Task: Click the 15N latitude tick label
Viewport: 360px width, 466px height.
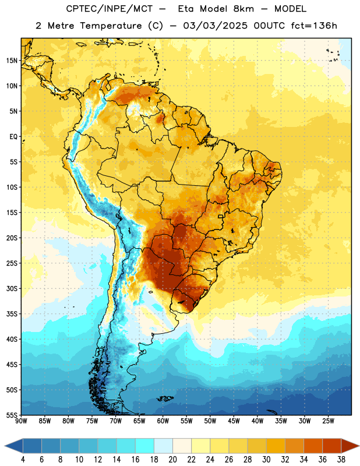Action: click(x=12, y=61)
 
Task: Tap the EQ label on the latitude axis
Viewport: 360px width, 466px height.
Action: click(x=13, y=137)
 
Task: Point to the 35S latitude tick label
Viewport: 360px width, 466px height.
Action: click(x=12, y=314)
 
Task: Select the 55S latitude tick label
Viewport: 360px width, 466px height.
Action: click(x=12, y=415)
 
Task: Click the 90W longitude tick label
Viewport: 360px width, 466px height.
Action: click(x=22, y=421)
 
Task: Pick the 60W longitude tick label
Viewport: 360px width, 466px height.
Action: click(x=163, y=421)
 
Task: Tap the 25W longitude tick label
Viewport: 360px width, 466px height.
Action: click(x=328, y=421)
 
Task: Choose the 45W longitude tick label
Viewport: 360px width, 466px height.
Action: click(x=234, y=421)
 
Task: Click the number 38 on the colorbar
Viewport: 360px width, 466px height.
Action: click(x=341, y=460)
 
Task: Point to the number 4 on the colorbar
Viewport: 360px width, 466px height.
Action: click(x=23, y=460)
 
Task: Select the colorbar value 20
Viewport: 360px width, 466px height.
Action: click(x=172, y=460)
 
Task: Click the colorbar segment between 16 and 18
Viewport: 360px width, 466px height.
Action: click(x=145, y=446)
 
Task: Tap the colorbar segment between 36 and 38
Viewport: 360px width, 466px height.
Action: click(x=332, y=446)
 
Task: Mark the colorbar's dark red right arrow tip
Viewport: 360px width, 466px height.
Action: click(x=359, y=446)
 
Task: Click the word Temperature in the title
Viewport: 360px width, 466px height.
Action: click(x=111, y=26)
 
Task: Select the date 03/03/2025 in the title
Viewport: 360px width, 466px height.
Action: click(x=215, y=26)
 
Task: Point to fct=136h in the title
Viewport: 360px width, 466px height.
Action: click(x=314, y=26)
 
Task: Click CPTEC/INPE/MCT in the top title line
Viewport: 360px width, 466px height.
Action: click(x=110, y=9)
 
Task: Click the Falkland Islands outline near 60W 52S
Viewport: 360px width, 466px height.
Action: click(x=165, y=398)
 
